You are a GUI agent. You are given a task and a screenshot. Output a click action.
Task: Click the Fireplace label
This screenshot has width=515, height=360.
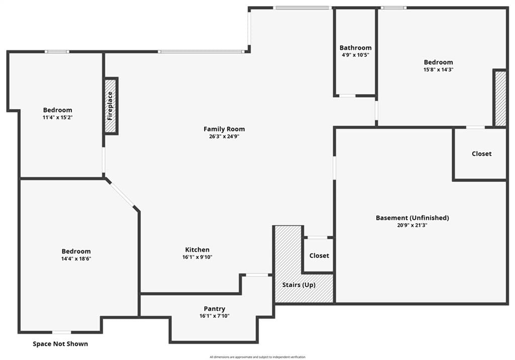coord(110,106)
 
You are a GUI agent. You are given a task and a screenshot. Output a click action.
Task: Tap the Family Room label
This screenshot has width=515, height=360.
coord(224,129)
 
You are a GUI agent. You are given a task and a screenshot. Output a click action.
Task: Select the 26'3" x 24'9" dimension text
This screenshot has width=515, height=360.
coord(224,137)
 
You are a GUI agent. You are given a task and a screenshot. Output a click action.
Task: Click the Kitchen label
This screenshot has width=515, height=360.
coord(197,249)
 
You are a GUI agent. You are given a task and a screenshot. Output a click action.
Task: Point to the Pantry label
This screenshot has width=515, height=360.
coord(214,309)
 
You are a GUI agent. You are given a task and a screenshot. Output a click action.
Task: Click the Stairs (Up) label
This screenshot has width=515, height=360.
coord(299,285)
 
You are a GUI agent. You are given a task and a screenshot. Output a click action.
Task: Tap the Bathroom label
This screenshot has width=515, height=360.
coord(356,48)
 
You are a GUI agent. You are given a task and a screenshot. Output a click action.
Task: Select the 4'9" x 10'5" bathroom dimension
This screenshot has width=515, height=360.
coord(356,55)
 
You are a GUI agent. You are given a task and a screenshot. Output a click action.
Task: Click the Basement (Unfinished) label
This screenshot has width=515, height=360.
coord(412,218)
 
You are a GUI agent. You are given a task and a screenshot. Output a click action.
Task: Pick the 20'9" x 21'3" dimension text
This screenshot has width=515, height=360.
coord(412,225)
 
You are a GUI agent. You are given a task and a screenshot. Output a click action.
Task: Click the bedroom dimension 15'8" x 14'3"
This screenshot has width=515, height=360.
coord(439,69)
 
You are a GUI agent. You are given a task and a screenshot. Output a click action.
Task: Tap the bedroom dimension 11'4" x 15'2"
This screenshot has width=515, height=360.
coord(57,118)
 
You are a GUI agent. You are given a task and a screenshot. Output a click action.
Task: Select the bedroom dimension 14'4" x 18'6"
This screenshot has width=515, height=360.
coord(76,259)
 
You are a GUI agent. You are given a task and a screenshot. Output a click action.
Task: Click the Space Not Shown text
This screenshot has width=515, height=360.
coord(60,344)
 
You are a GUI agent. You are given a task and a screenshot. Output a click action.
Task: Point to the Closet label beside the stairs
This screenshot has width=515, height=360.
coord(319,255)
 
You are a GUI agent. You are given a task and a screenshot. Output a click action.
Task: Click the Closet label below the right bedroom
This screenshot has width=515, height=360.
coord(481,154)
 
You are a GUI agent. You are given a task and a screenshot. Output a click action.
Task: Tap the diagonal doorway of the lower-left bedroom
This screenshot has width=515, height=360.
coord(122,194)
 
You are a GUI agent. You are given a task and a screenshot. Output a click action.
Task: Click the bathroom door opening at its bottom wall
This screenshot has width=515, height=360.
coord(348,96)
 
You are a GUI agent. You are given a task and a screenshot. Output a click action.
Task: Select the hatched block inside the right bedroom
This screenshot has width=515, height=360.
coord(500,99)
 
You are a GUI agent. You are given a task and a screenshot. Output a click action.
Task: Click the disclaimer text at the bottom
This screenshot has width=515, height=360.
coord(257,357)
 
